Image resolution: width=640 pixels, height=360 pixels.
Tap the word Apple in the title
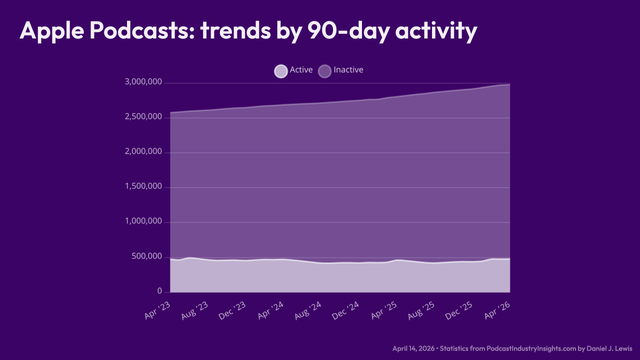pyautogui.click(x=52, y=31)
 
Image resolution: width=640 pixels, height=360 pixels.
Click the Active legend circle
pyautogui.click(x=281, y=71)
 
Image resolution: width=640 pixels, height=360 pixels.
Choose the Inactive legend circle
pyautogui.click(x=324, y=71)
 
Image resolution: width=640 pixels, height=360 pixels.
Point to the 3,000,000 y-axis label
pyautogui.click(x=143, y=82)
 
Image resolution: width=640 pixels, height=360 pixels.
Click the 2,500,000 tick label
pyautogui.click(x=143, y=117)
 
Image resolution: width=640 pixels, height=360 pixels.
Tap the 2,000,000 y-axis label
pyautogui.click(x=143, y=152)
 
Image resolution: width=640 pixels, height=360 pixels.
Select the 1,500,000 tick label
pyautogui.click(x=143, y=187)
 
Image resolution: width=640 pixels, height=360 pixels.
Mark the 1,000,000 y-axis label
pyautogui.click(x=143, y=222)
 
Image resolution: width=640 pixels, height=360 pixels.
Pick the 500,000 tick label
pyautogui.click(x=147, y=256)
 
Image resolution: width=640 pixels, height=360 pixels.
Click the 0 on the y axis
pyautogui.click(x=160, y=291)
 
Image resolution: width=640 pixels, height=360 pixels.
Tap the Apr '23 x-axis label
pyautogui.click(x=158, y=311)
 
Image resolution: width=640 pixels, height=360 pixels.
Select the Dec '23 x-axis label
pyautogui.click(x=232, y=311)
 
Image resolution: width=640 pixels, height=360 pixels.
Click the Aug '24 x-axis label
pyautogui.click(x=308, y=311)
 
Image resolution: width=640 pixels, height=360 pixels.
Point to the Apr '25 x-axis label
pyautogui.click(x=384, y=311)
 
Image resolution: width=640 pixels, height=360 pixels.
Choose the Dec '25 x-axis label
pyautogui.click(x=459, y=311)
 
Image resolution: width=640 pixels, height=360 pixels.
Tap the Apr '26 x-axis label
pyautogui.click(x=498, y=311)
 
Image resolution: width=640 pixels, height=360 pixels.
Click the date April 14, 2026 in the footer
pyautogui.click(x=413, y=349)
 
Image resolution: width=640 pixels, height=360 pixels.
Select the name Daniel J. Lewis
pyautogui.click(x=609, y=349)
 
